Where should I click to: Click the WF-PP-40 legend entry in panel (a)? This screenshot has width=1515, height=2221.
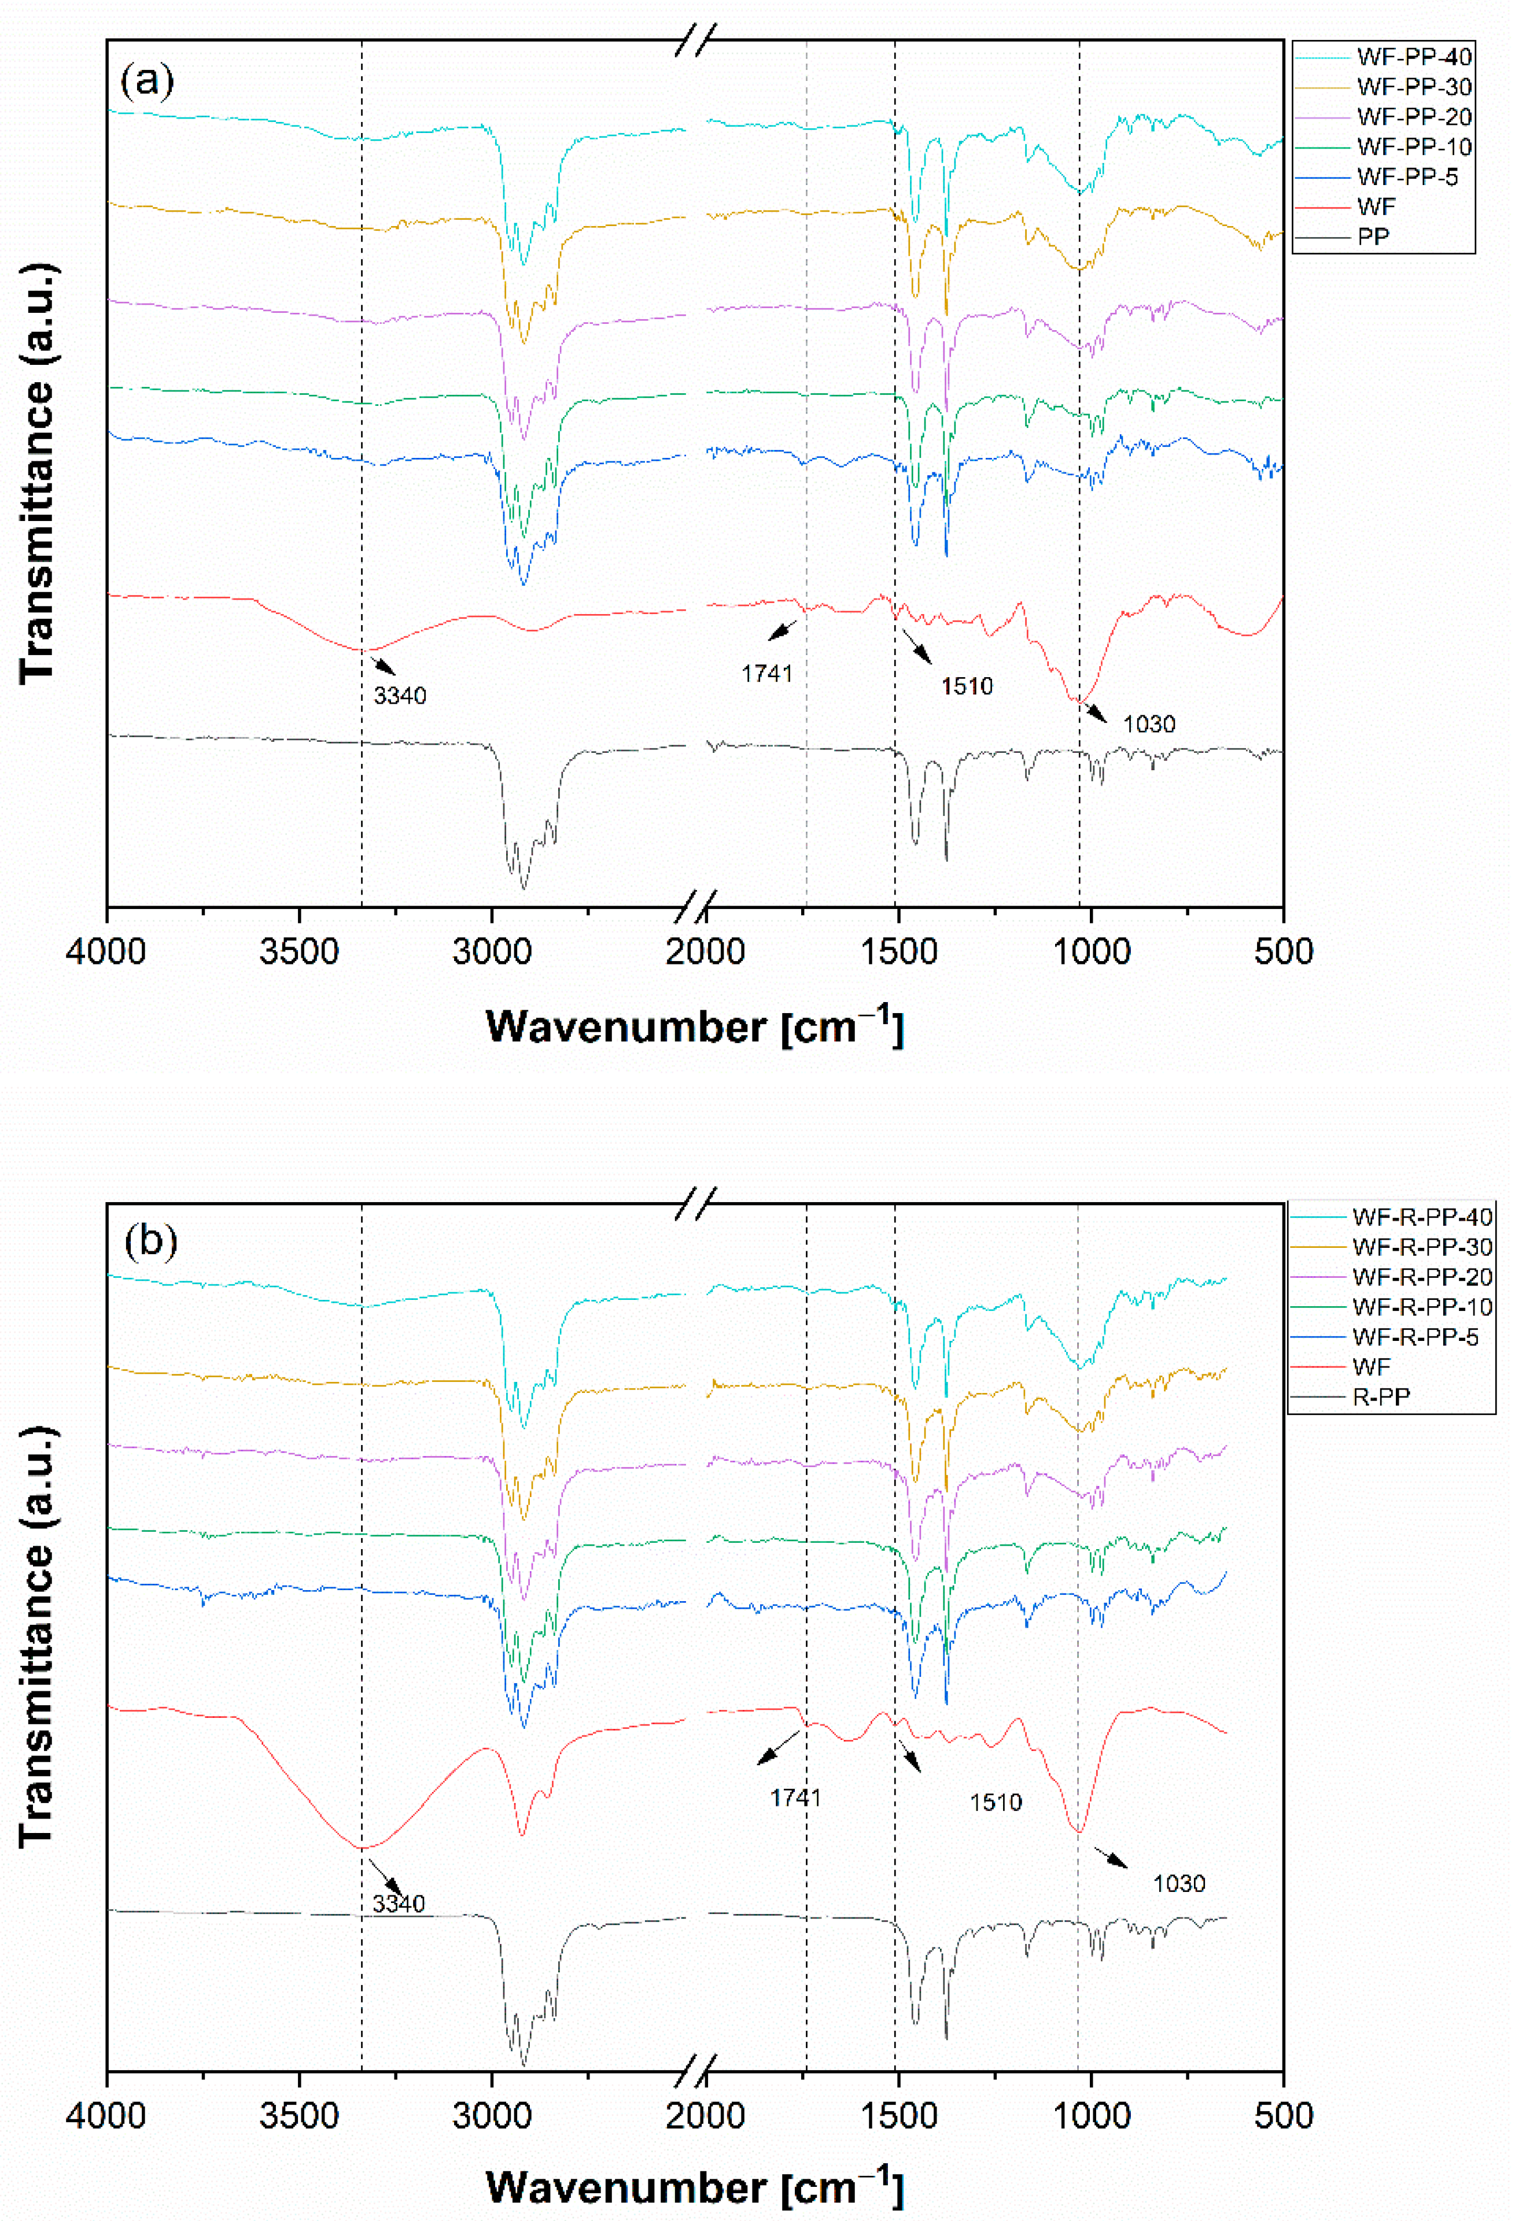[1413, 57]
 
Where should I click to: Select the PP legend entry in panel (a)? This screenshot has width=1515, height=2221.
[1373, 236]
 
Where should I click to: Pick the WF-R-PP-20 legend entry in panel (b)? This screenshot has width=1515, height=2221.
[1421, 1277]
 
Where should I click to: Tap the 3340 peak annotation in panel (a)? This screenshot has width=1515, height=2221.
[400, 696]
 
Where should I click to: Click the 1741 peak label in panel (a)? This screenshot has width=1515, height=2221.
[766, 674]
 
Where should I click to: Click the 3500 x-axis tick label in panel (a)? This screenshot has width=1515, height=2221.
[299, 951]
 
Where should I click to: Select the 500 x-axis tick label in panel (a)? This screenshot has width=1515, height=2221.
[1282, 951]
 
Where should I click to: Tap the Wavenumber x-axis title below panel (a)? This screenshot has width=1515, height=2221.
[695, 1026]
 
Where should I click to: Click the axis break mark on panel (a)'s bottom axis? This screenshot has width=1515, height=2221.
[694, 906]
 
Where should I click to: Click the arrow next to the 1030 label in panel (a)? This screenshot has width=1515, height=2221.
[1096, 712]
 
